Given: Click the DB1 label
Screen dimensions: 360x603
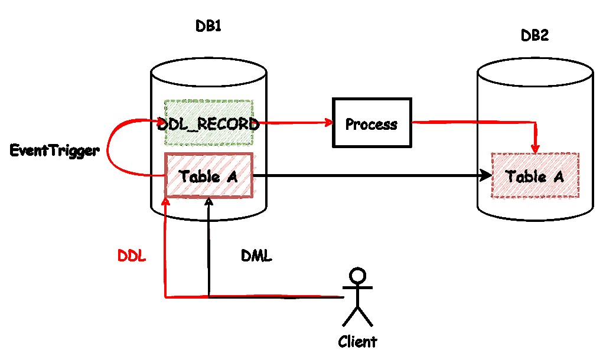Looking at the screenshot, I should [x=208, y=27].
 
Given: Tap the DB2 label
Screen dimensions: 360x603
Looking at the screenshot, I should [x=534, y=36].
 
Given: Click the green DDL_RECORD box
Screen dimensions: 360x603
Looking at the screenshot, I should [x=208, y=123].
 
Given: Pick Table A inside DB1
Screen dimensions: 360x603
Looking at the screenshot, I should [x=208, y=175].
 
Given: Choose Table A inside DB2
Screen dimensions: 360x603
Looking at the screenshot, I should [x=535, y=176].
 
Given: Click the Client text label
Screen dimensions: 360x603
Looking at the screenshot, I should [x=357, y=341].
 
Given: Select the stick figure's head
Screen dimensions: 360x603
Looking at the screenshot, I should [x=357, y=276].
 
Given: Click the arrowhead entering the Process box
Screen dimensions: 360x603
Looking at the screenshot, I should [x=328, y=123].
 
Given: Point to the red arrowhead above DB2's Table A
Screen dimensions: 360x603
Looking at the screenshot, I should [x=536, y=148].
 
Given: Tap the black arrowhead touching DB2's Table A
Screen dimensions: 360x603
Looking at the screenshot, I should [x=487, y=175].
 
